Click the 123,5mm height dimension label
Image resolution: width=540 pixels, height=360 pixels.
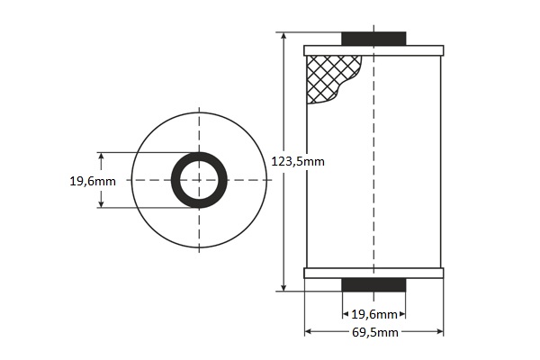(298, 161)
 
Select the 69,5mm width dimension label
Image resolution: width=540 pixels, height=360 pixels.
(375, 332)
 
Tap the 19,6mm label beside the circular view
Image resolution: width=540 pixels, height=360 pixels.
(93, 181)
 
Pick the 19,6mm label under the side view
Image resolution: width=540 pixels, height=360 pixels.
(374, 314)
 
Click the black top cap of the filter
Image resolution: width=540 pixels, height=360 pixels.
(373, 39)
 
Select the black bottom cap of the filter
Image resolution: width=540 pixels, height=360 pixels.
(373, 285)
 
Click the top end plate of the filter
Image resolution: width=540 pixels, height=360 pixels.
(373, 50)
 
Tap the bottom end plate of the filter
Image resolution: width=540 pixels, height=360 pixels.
(373, 274)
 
